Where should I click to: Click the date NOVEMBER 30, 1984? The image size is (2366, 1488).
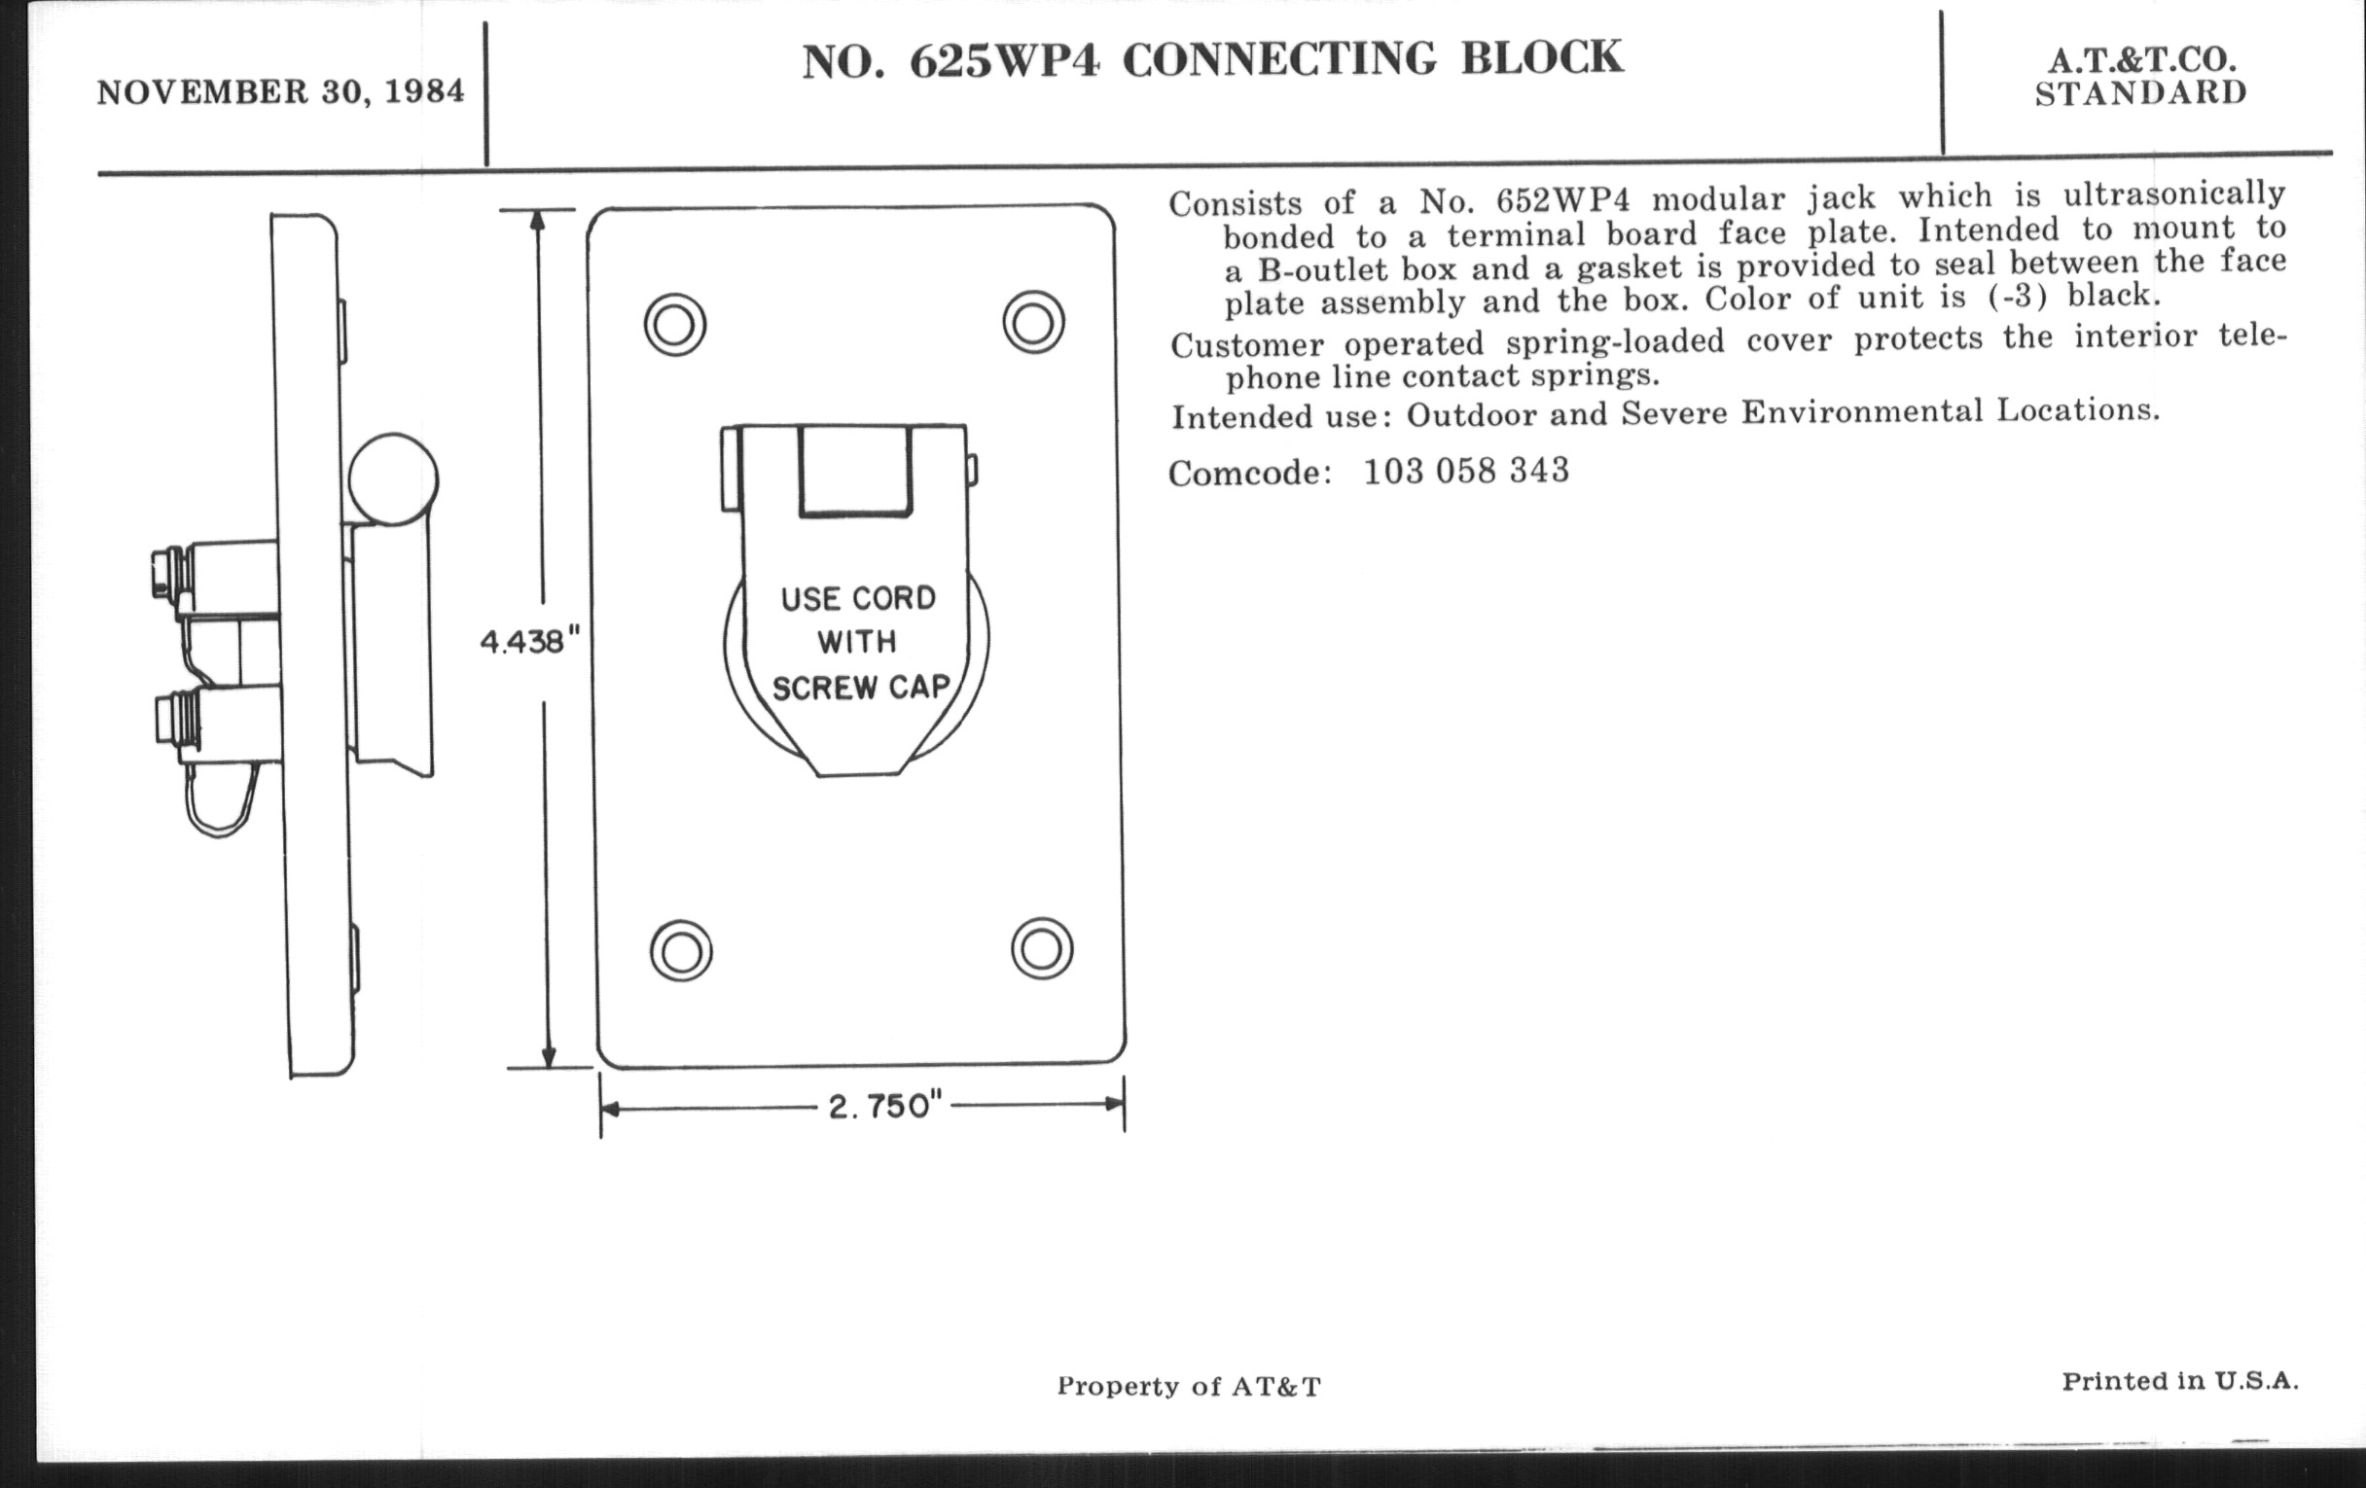tap(280, 92)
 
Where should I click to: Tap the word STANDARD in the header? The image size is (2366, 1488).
tap(2140, 94)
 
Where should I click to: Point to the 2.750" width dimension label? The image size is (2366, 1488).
tap(885, 1107)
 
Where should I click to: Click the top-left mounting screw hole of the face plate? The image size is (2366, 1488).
tap(675, 324)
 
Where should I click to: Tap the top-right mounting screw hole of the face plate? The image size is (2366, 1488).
tap(1033, 322)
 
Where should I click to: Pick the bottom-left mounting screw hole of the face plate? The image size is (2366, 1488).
tap(681, 951)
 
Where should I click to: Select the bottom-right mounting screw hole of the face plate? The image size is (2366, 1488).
tap(1042, 949)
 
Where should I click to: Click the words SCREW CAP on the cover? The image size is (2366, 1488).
tap(861, 688)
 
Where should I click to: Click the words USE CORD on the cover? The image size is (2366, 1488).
tap(858, 599)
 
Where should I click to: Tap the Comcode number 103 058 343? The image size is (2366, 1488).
tap(1466, 472)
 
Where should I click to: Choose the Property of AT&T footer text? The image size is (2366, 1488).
tap(1189, 1386)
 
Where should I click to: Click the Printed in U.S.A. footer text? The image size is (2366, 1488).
tap(2180, 1381)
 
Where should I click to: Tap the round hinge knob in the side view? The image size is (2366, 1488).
tap(393, 479)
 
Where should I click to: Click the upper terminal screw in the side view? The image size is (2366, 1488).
tap(164, 575)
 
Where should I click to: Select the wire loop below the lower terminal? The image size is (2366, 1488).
tap(222, 800)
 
